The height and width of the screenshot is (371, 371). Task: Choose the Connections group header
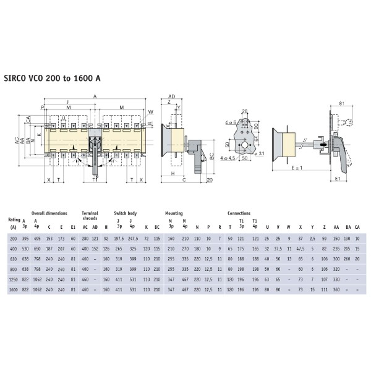pyautogui.click(x=239, y=213)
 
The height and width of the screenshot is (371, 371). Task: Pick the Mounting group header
pyautogui.click(x=173, y=213)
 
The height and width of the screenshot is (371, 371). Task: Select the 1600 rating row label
pyautogui.click(x=12, y=290)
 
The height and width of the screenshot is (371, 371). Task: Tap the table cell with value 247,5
pyautogui.click(x=132, y=238)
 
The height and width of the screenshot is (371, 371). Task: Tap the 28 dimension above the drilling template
pyautogui.click(x=245, y=111)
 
